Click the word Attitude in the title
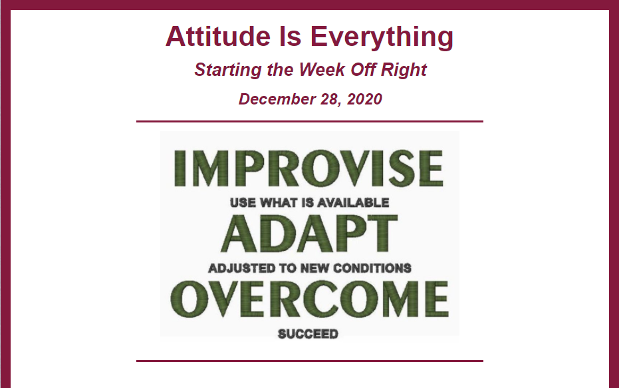click(218, 37)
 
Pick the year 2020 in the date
click(364, 99)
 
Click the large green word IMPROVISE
click(309, 168)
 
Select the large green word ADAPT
click(309, 234)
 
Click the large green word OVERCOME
click(310, 299)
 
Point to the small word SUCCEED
click(308, 334)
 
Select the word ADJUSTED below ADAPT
click(242, 269)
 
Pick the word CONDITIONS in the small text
click(372, 269)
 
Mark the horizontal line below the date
click(310, 122)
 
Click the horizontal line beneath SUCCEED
click(310, 361)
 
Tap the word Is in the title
click(290, 37)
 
